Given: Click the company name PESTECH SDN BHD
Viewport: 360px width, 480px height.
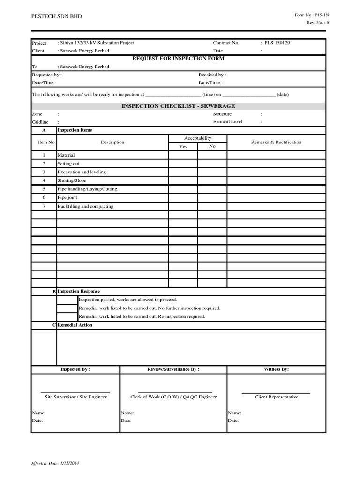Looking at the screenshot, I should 56,16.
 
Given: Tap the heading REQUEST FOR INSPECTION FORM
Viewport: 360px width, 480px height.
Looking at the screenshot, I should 178,58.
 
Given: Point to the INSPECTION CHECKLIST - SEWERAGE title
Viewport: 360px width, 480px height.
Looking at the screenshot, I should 178,106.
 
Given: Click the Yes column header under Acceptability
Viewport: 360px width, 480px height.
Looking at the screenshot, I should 183,146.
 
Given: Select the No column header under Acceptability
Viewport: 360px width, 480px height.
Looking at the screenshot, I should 212,146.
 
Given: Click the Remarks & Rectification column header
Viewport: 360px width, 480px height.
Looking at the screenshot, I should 276,142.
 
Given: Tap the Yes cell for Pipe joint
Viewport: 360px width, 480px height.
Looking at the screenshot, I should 183,198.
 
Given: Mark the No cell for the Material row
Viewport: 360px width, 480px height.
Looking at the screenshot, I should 212,155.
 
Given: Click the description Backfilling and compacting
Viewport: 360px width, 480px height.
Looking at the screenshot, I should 85,206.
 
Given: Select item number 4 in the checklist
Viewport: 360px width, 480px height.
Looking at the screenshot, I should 44,180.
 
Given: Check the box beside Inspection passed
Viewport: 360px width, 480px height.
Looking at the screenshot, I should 67,300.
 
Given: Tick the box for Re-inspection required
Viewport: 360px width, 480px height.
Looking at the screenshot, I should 67,316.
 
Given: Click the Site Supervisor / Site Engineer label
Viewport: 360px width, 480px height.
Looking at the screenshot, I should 75,397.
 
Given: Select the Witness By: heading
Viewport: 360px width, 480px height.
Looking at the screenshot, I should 276,369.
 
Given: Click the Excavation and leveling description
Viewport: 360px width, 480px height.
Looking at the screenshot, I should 82,172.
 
